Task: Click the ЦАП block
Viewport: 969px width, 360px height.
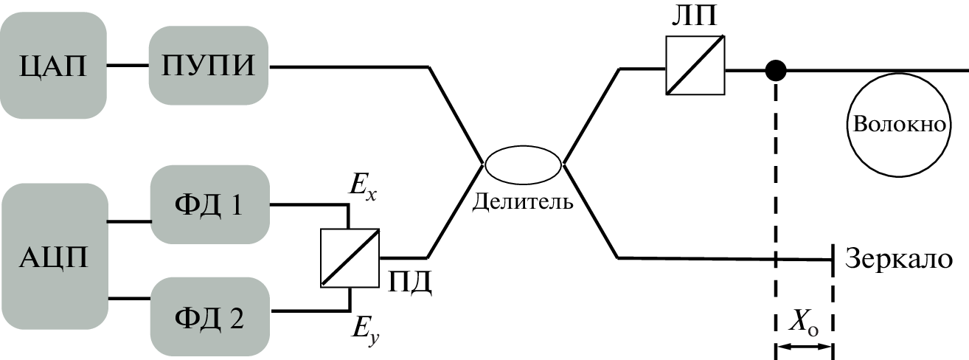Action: click(54, 67)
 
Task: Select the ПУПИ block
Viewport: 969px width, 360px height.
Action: click(208, 66)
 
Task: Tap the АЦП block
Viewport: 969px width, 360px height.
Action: click(53, 258)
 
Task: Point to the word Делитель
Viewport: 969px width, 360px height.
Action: click(523, 201)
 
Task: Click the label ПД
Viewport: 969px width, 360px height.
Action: click(410, 280)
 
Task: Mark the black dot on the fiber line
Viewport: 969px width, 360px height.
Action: click(775, 71)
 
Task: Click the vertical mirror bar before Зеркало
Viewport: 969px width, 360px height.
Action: click(833, 259)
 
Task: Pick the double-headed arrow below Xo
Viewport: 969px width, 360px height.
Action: click(804, 345)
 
